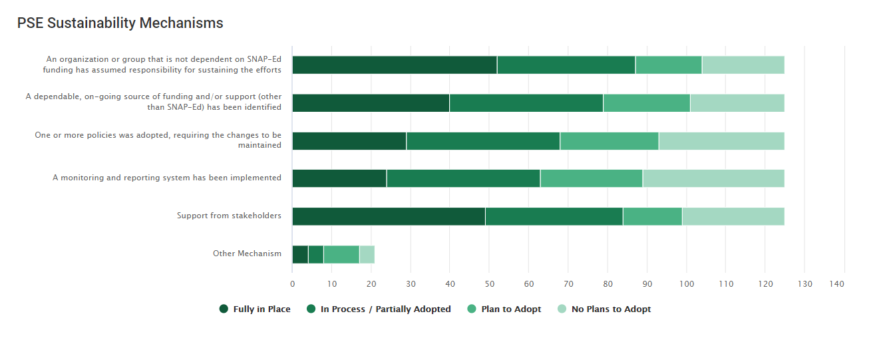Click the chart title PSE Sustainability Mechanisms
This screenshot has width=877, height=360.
tap(120, 23)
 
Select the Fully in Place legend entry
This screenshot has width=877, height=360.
tap(255, 309)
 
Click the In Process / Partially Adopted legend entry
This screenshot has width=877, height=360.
tap(379, 309)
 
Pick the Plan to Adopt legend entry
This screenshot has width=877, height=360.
tap(504, 309)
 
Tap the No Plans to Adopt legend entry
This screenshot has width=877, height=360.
tap(604, 309)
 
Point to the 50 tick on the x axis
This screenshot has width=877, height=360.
tap(489, 284)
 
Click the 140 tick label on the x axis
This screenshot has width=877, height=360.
tap(836, 284)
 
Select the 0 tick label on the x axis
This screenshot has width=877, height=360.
tap(293, 284)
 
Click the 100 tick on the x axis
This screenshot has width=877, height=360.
tap(686, 284)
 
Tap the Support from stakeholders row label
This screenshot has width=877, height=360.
tap(229, 216)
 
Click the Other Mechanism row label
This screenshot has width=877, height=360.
tap(247, 254)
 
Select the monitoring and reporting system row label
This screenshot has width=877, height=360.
tap(167, 178)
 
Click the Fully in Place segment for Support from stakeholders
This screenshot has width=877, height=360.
tap(389, 216)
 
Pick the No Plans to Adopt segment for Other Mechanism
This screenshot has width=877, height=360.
tap(367, 254)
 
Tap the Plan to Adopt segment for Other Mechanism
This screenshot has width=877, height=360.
tap(341, 254)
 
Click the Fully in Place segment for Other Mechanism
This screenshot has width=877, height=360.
tap(300, 254)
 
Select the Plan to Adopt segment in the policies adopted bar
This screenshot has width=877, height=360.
tap(609, 141)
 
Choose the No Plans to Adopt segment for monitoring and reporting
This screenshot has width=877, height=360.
tap(713, 178)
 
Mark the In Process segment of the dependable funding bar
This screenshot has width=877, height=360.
tap(526, 103)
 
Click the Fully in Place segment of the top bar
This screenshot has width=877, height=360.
tap(395, 65)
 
